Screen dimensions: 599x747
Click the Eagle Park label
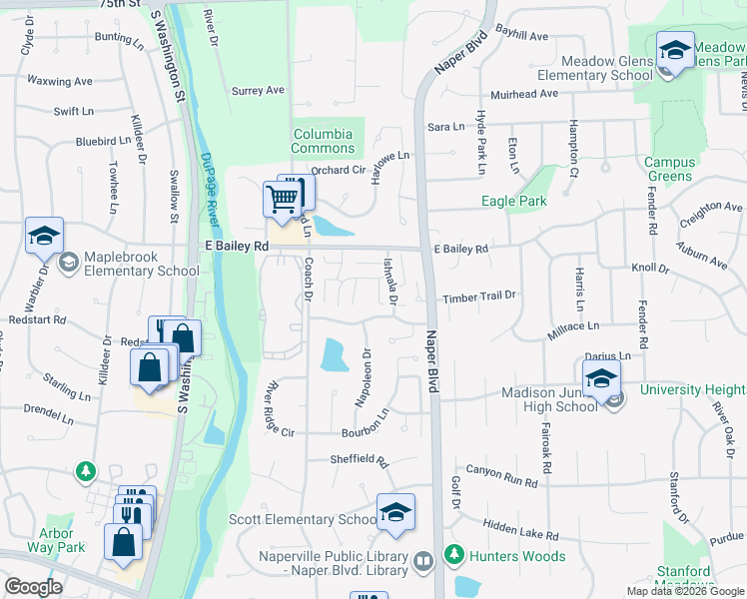(x=513, y=201)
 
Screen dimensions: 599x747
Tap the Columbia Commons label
(x=323, y=141)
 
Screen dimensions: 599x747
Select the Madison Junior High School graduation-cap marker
(x=601, y=378)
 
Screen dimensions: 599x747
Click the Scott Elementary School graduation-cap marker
(x=395, y=512)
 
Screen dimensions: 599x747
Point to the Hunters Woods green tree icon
(x=454, y=552)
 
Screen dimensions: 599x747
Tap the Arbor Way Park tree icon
(x=87, y=470)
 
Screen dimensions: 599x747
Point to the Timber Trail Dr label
(x=480, y=296)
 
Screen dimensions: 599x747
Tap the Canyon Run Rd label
(x=501, y=476)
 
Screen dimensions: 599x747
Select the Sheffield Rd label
(x=360, y=459)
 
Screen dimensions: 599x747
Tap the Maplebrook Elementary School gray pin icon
(x=68, y=263)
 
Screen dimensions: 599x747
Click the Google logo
(x=33, y=587)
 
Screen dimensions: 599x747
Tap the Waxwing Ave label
(x=60, y=81)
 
